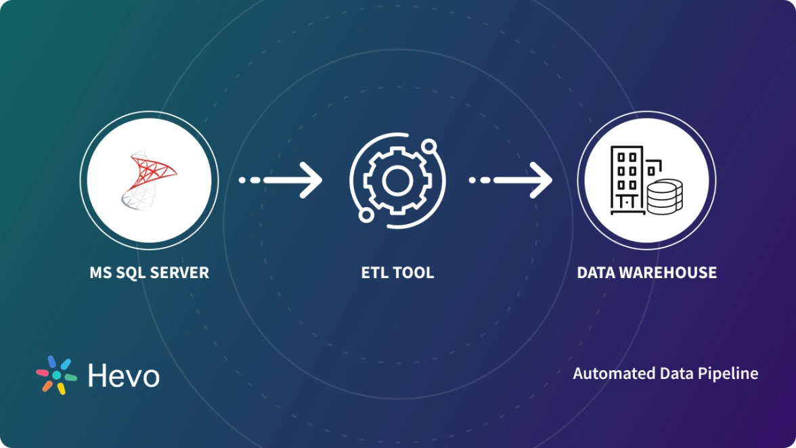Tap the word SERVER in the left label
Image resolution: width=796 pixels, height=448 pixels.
tap(181, 273)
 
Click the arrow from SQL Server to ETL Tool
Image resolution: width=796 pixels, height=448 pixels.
tap(280, 180)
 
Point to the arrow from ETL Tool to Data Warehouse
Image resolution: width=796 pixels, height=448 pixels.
tap(510, 180)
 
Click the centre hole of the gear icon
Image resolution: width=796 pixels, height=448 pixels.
tap(397, 180)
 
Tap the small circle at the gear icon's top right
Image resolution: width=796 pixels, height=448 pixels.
tap(428, 145)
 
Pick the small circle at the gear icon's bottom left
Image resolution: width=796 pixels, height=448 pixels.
tap(366, 215)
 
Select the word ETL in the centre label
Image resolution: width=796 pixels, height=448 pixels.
tap(374, 273)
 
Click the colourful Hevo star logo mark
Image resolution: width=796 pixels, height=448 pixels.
tap(56, 374)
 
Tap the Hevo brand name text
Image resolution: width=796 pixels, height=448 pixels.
tap(124, 376)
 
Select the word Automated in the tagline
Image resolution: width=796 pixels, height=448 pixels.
tap(605, 374)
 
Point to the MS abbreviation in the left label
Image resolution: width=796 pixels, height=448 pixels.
tap(100, 273)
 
